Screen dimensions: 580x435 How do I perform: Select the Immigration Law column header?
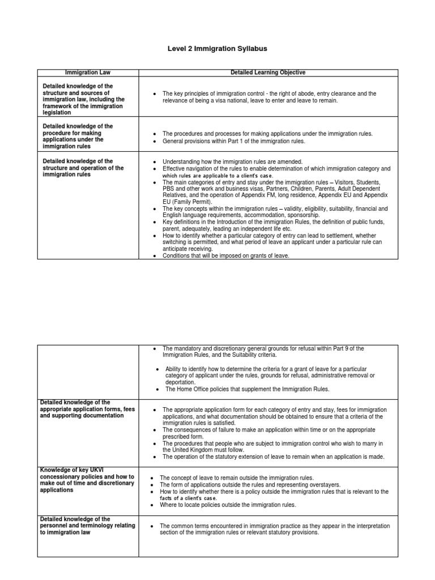pyautogui.click(x=88, y=72)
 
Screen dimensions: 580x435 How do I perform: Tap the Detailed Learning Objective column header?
pyautogui.click(x=268, y=72)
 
